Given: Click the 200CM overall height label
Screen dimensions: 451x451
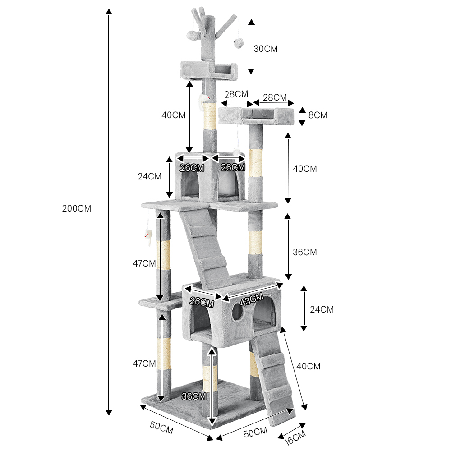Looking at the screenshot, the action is tap(77, 208).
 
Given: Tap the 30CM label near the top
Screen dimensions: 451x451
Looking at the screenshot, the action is tap(266, 49).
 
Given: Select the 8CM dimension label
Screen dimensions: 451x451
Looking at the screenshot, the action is tap(318, 115).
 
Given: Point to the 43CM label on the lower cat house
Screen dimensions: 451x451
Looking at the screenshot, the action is tap(252, 299).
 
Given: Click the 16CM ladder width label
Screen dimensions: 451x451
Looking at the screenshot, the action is tap(295, 437).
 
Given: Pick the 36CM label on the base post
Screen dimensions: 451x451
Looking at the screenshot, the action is tap(194, 396).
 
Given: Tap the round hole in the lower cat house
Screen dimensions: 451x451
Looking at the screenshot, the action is tap(237, 312).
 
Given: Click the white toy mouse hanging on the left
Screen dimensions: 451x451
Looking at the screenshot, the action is tap(148, 237).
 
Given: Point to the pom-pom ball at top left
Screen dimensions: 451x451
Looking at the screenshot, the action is tap(192, 36).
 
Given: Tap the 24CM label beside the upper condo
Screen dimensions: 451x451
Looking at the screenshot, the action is tap(150, 176).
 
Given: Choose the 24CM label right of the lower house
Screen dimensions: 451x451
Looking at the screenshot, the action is tap(322, 309).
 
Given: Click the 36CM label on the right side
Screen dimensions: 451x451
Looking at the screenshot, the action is tap(304, 252).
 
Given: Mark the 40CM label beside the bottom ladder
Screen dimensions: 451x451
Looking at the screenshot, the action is tap(308, 366).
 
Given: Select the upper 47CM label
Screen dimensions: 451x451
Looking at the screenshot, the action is tap(144, 263).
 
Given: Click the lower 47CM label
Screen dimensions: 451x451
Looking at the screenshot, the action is tap(144, 363).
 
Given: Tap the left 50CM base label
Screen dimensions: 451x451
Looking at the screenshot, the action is tap(161, 427).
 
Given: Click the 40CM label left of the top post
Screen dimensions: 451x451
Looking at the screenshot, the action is tap(174, 115).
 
